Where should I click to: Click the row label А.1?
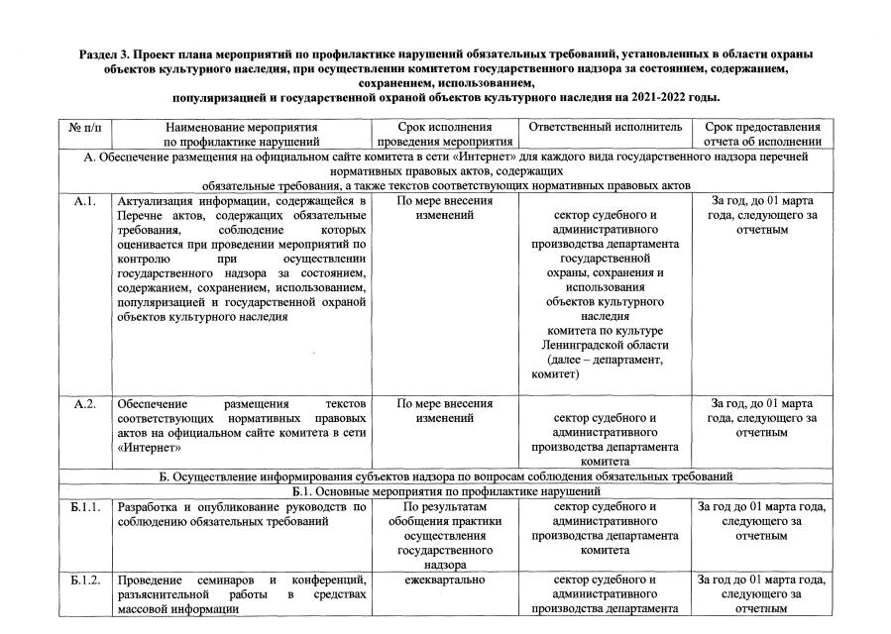pos(84,201)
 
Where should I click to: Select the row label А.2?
pos(84,403)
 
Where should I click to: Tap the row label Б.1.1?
pos(86,507)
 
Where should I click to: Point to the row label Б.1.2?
pos(86,580)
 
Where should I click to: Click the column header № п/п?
pos(84,128)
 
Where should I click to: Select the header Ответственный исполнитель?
pos(606,128)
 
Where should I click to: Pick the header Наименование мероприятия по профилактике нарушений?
pos(241,135)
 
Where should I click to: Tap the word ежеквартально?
pos(444,580)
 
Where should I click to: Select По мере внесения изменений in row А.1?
pos(444,208)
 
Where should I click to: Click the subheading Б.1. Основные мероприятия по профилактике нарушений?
pos(447,491)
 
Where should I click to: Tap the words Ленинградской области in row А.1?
pos(606,345)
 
